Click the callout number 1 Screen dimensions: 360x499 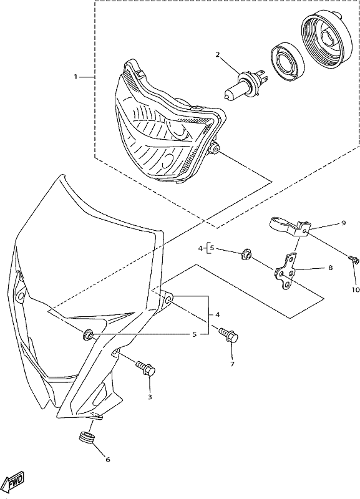pos(75,77)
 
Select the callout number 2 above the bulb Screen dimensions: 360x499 pos(218,55)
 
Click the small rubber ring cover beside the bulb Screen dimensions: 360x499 pos(288,64)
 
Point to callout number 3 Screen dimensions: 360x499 pos(150,397)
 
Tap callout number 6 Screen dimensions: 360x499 pos(107,460)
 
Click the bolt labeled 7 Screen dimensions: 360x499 pos(228,335)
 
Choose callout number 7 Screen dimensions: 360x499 pos(232,364)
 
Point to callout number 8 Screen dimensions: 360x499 pos(331,268)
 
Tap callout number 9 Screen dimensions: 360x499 pos(343,223)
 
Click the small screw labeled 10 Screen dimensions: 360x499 pos(354,259)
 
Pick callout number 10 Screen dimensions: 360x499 pos(356,289)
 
